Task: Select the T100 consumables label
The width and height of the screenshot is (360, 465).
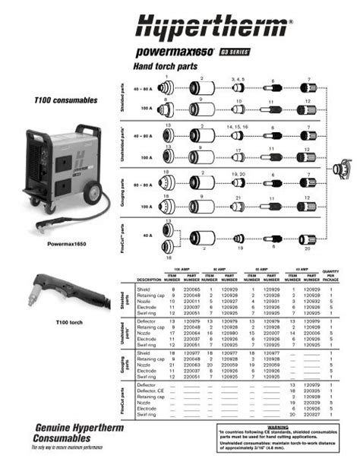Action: (x=66, y=100)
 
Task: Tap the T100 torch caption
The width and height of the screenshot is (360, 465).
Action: (x=68, y=321)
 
